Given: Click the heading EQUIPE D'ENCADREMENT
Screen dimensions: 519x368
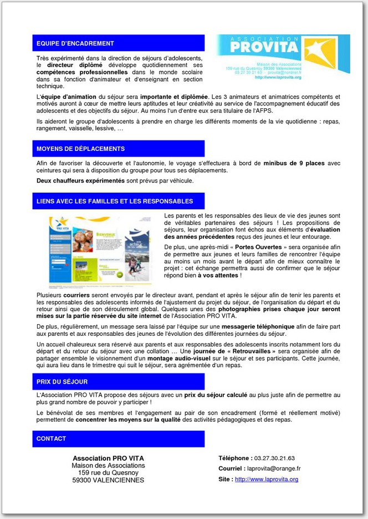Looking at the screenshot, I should [x=75, y=43].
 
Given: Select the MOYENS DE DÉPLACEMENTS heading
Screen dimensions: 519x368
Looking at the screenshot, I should [x=80, y=149].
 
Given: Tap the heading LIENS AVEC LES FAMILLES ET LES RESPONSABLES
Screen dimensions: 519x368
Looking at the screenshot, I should [x=115, y=201].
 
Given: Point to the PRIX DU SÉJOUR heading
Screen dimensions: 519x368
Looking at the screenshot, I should [x=62, y=382].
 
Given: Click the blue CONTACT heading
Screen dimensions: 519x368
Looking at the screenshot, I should [x=52, y=439].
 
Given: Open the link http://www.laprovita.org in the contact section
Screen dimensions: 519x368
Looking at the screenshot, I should [x=267, y=479].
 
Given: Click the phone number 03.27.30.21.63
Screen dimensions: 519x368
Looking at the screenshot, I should [x=274, y=458].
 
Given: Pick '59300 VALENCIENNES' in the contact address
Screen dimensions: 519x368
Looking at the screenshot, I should [x=108, y=480].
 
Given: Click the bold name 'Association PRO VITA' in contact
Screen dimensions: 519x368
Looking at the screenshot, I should [x=108, y=458].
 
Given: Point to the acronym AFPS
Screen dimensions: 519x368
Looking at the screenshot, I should [x=263, y=110].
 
